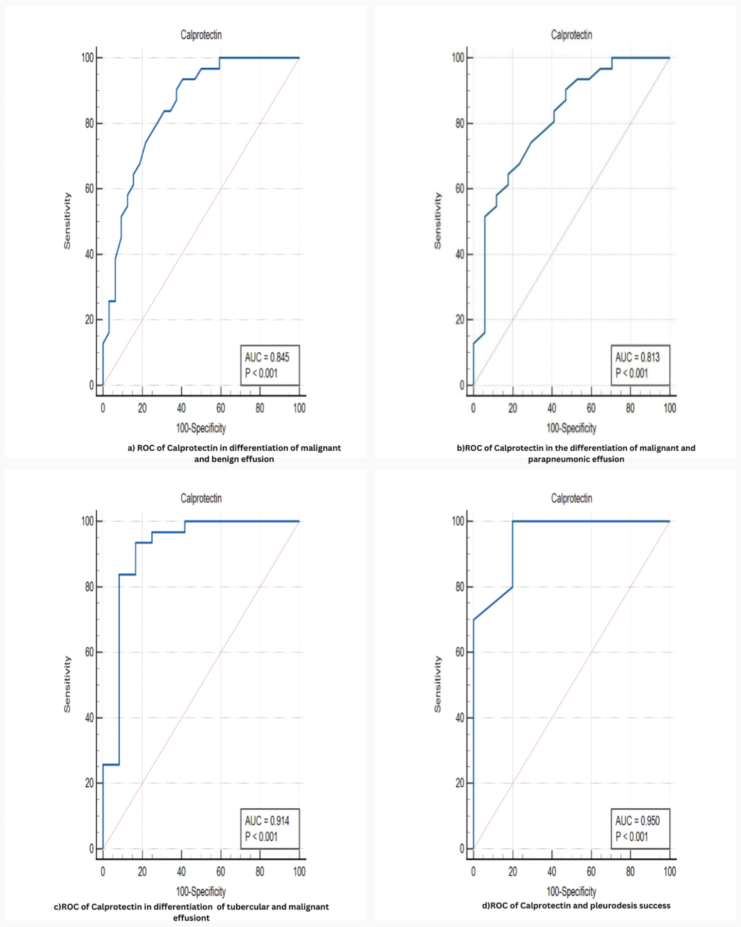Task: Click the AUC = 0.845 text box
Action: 267,358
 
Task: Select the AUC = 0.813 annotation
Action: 637,358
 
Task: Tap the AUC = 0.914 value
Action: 267,821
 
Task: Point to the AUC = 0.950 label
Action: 637,821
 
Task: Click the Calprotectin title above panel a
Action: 201,35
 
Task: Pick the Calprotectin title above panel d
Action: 571,498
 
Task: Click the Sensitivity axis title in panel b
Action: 438,221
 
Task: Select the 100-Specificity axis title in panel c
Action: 201,891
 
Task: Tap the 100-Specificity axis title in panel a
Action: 201,428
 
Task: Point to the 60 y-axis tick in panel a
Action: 89,189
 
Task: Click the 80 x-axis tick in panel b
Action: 630,408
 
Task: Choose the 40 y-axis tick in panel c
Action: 89,718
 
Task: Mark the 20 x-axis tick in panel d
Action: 512,872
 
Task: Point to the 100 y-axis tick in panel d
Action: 458,521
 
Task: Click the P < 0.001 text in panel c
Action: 261,837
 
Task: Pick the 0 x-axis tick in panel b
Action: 473,408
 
